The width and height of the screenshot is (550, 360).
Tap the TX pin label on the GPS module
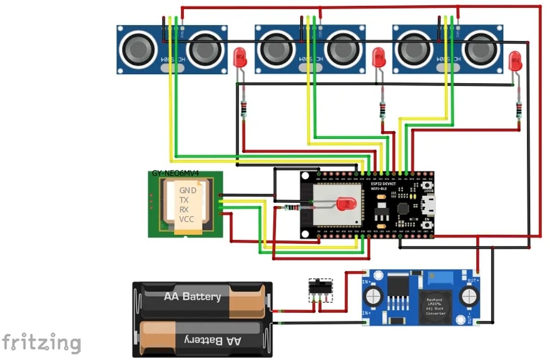coord(184,200)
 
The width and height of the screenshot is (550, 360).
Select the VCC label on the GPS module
coord(187,219)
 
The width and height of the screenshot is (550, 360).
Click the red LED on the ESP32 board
coord(346,203)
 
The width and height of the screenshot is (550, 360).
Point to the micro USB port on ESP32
coord(429,203)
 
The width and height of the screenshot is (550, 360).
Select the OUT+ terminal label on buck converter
coord(472,280)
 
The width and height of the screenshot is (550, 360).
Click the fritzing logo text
coord(41,342)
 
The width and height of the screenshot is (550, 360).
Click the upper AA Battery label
coord(192,296)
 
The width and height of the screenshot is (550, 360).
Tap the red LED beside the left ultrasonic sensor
coord(240,57)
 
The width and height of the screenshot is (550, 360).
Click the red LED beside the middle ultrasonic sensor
coord(379,57)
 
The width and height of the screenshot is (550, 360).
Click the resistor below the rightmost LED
coord(519,110)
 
